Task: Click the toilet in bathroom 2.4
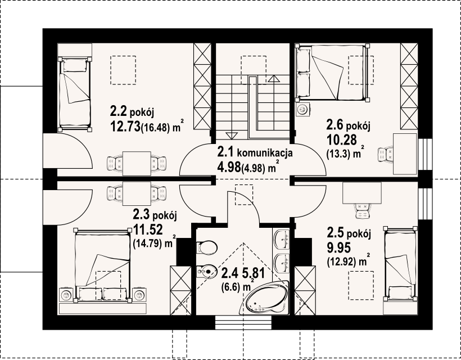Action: (x=207, y=247)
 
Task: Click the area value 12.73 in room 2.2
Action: (x=125, y=127)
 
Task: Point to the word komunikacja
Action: (x=264, y=153)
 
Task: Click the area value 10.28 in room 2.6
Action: (x=342, y=139)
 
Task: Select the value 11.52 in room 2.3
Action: (x=148, y=229)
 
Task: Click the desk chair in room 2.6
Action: (x=386, y=155)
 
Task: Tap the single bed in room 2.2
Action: (x=75, y=94)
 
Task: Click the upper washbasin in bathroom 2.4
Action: (x=281, y=239)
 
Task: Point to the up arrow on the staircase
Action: (x=274, y=79)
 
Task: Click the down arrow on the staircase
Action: (x=232, y=136)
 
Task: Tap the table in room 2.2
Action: (x=137, y=164)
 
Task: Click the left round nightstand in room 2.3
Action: (x=66, y=295)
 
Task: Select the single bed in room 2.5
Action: (x=400, y=264)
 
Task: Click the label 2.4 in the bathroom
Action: (x=229, y=273)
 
